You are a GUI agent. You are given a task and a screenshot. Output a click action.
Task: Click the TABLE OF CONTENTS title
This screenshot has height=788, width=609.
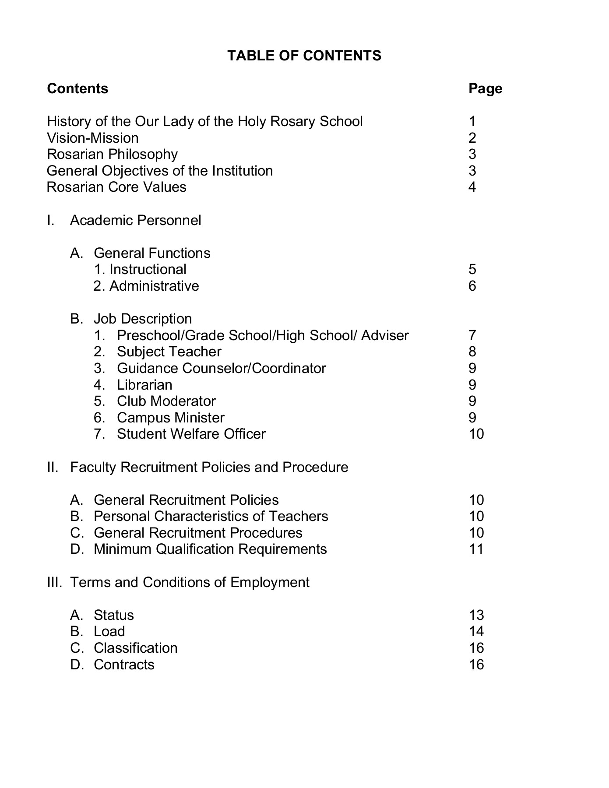(x=304, y=56)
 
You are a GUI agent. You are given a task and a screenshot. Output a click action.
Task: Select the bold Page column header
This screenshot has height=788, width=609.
(x=485, y=88)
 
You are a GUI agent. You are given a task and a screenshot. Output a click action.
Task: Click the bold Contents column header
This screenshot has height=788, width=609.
(x=77, y=88)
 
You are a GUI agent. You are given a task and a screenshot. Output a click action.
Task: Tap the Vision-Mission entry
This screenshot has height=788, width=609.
(x=92, y=138)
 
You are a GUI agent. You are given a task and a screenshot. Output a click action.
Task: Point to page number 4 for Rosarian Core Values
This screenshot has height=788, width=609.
(x=472, y=187)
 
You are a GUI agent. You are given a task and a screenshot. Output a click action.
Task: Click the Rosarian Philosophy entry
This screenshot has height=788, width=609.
(x=112, y=154)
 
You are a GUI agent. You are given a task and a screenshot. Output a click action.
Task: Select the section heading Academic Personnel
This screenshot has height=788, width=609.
(x=135, y=220)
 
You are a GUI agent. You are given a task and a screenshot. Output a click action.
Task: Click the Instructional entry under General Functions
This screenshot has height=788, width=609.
(x=148, y=269)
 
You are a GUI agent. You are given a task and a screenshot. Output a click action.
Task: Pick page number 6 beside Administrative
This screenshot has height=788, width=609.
(x=472, y=286)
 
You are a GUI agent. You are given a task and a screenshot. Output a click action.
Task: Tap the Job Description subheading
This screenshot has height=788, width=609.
(x=143, y=319)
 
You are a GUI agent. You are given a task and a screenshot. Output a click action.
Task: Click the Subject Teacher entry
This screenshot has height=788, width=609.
(x=169, y=352)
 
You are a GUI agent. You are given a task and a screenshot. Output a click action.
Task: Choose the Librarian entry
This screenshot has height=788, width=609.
(x=144, y=385)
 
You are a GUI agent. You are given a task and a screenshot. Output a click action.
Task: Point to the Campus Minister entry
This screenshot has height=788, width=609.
(x=170, y=418)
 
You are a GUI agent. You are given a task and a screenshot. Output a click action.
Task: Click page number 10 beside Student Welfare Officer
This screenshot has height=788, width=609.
(x=476, y=434)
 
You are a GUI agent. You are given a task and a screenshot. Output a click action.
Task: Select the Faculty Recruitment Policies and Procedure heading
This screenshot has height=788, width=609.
(x=209, y=467)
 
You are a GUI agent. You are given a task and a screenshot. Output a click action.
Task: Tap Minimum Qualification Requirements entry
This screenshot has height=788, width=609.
(x=210, y=549)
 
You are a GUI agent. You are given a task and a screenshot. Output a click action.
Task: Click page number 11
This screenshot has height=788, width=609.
(x=476, y=549)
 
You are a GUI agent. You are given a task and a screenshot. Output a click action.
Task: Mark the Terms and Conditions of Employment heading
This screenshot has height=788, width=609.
(x=189, y=582)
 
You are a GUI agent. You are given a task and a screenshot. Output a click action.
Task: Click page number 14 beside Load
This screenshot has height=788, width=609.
(x=476, y=631)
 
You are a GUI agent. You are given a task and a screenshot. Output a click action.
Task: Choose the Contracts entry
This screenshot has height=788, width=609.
(x=124, y=665)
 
